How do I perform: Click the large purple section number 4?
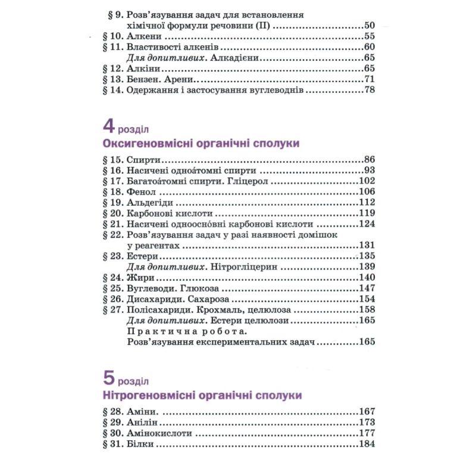(x=108, y=126)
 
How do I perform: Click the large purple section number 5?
(x=108, y=377)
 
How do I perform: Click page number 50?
(x=369, y=26)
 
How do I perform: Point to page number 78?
(x=369, y=90)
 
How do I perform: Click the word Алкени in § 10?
(x=142, y=37)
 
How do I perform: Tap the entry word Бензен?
(x=144, y=80)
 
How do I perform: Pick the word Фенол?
(x=140, y=192)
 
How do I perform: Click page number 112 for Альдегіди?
(x=367, y=202)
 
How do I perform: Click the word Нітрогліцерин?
(x=242, y=267)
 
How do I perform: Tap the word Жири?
(x=139, y=277)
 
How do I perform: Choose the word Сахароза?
(x=208, y=299)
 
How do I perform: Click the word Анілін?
(x=142, y=423)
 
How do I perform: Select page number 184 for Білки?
(x=367, y=444)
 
